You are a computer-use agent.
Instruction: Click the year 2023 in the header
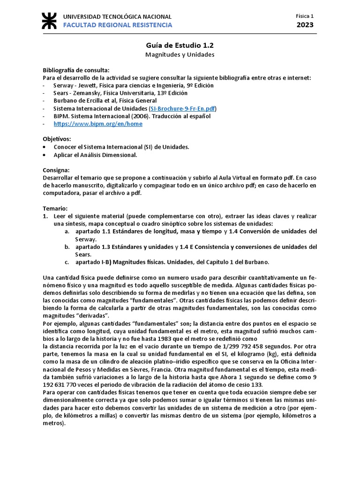point(305,25)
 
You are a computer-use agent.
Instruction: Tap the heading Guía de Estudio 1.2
point(180,45)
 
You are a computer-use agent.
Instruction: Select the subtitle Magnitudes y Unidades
point(180,54)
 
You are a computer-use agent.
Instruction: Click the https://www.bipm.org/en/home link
point(98,124)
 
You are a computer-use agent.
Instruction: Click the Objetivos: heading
point(57,139)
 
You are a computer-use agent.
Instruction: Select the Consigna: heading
point(56,170)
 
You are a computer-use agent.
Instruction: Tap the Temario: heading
point(55,208)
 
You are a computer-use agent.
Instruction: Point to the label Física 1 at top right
point(305,15)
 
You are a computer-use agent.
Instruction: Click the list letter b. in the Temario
point(67,247)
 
